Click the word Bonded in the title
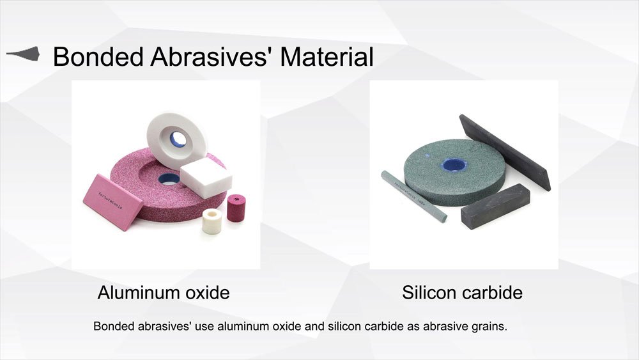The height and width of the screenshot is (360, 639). tap(98, 57)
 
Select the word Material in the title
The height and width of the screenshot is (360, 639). tap(327, 57)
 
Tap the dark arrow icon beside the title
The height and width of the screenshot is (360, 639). tap(23, 54)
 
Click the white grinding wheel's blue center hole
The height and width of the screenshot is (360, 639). tap(178, 139)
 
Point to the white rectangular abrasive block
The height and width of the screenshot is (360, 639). tap(206, 178)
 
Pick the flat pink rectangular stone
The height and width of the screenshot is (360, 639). tap(112, 202)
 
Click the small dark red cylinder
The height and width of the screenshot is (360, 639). tap(236, 208)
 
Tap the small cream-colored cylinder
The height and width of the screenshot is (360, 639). tap(212, 221)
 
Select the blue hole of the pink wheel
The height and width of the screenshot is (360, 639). tap(168, 179)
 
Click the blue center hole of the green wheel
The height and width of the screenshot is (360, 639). tap(454, 165)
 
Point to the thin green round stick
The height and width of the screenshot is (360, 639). tap(413, 196)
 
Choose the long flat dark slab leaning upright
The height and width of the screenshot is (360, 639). tap(505, 152)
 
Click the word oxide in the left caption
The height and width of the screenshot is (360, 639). tap(208, 293)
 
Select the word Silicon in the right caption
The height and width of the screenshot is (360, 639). tap(428, 293)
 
